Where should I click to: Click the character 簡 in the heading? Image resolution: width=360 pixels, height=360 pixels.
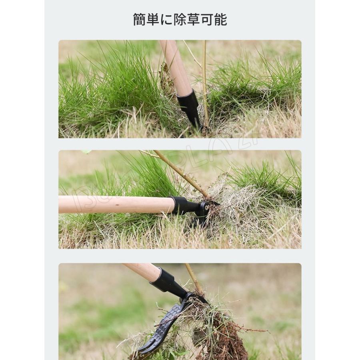(140, 19)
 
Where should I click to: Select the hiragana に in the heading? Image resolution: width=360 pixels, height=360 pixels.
(166, 19)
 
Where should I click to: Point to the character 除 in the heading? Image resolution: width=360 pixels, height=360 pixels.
(180, 19)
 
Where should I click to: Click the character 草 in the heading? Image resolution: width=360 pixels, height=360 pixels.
(193, 19)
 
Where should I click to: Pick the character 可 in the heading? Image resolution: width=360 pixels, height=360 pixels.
(206, 19)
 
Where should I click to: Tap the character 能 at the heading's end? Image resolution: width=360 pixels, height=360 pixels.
(220, 19)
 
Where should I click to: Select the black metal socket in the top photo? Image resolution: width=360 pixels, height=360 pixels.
(190, 106)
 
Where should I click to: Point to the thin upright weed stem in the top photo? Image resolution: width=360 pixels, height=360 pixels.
(205, 80)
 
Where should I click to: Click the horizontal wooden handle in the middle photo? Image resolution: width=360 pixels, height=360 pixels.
(116, 204)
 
